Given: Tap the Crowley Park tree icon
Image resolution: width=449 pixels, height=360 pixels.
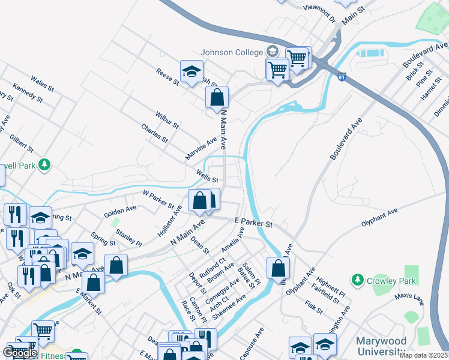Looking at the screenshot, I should point(357,280).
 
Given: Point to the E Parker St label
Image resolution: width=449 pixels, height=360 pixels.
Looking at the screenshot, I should point(253,223).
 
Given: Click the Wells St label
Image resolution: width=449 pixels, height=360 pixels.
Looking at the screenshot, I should point(206,175).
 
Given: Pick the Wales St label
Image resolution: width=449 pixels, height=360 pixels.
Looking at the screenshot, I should point(43,83).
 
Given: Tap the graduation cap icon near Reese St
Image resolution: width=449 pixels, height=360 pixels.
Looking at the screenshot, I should point(191,72).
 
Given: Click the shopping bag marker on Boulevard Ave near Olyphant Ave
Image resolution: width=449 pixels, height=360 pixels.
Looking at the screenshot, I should point(278,268).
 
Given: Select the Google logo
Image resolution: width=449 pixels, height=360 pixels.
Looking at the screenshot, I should point(20,353).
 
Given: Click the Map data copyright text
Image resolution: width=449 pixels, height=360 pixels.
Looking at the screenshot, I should point(423,355).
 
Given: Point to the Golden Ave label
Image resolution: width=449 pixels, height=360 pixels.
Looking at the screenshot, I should point(120,211).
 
